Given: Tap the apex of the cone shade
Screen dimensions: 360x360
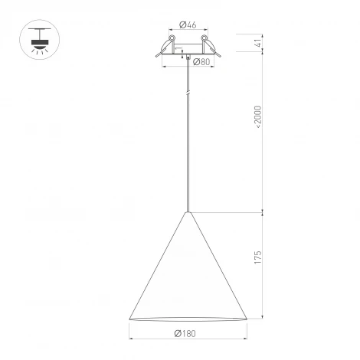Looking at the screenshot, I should (x=188, y=211).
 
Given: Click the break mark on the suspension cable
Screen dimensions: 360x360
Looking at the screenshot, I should (x=188, y=92).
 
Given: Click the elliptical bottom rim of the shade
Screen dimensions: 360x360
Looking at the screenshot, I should (x=188, y=319).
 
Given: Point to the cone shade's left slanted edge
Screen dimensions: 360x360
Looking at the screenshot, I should (x=157, y=266).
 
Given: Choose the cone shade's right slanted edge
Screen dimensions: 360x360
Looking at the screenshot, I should (x=218, y=266).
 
